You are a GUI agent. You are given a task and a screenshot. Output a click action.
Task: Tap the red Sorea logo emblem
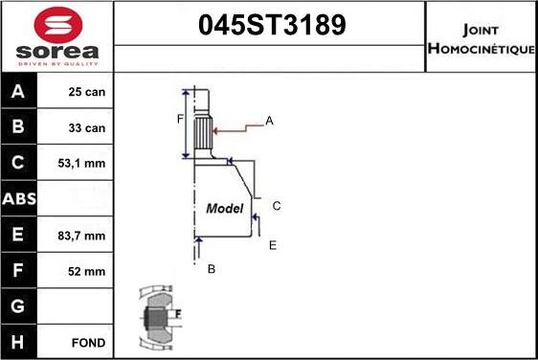56,23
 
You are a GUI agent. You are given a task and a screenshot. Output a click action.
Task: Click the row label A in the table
18,93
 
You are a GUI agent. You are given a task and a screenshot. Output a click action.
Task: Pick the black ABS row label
18,199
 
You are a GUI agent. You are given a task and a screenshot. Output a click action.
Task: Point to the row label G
18,306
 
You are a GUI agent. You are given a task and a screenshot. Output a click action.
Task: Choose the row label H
18,342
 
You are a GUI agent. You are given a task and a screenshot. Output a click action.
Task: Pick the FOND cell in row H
88,342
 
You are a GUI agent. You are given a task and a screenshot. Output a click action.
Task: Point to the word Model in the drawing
225,208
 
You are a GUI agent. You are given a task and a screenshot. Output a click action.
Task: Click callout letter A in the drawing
270,121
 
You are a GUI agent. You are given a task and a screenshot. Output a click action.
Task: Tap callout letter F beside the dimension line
178,119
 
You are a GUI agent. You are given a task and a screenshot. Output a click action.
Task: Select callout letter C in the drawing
276,206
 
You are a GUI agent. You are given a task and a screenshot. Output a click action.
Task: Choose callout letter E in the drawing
272,245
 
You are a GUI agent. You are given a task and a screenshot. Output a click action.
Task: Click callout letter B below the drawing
212,269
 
